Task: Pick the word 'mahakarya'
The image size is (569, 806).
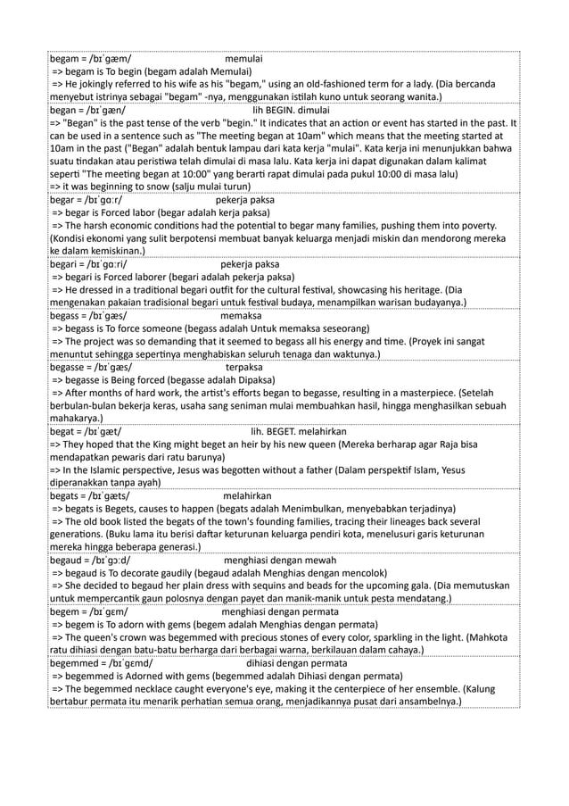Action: [x=77, y=419]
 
